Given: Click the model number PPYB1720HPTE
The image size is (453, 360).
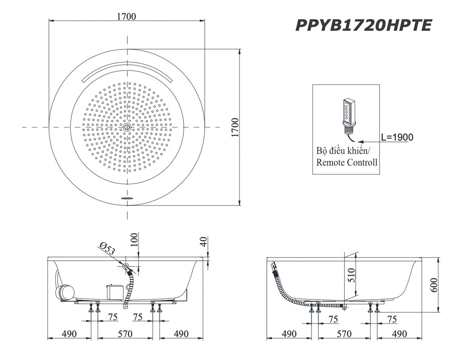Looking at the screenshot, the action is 364,25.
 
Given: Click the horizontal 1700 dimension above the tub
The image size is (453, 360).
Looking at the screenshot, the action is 126,16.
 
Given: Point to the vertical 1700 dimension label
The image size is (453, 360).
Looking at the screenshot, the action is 236,127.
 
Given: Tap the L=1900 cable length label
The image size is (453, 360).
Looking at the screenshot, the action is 397,137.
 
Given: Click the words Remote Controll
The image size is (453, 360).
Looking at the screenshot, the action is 347,162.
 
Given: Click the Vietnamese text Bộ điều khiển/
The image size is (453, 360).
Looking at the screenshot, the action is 343,151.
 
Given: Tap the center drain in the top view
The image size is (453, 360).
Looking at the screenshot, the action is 127,127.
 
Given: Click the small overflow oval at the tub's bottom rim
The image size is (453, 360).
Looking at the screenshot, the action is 127,198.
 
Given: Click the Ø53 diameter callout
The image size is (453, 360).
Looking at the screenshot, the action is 107,248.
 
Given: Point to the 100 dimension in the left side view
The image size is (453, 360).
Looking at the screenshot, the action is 134,240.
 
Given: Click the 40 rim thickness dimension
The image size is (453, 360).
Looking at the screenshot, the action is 203,242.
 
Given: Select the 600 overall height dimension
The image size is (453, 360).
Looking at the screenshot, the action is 434,285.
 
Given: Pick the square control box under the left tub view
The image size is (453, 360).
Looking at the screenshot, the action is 115,292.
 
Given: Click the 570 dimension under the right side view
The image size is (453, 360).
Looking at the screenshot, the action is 344,334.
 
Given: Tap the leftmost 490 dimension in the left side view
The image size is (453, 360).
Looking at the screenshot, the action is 69,334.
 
